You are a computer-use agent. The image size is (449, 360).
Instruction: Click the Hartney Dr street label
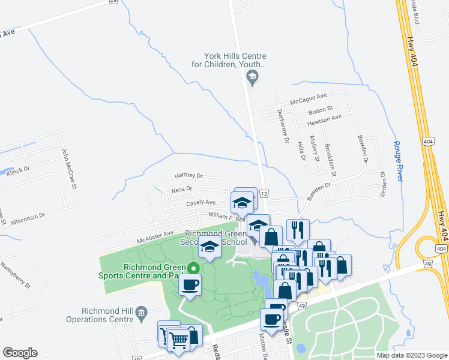coord(188,176)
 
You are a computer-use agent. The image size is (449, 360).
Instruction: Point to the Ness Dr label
coord(181,189)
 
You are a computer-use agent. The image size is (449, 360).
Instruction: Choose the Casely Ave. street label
coord(201,203)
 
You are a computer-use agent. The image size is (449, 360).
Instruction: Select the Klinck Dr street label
coord(19,171)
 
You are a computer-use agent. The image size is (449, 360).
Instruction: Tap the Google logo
coord(20,353)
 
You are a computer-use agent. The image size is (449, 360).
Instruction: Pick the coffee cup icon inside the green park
coord(190,286)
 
